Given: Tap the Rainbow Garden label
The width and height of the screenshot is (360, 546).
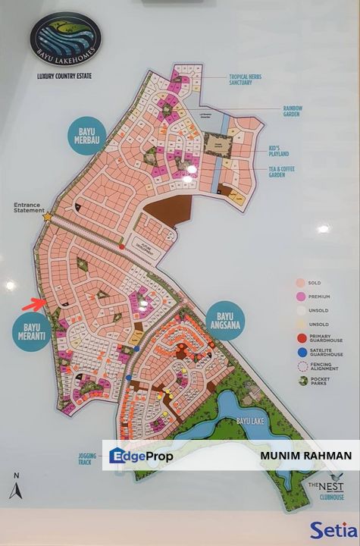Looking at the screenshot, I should (x=293, y=111).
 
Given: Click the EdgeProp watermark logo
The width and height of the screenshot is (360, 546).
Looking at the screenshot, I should (x=141, y=456).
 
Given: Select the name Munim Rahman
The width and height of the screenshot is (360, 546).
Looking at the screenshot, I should (x=305, y=456).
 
